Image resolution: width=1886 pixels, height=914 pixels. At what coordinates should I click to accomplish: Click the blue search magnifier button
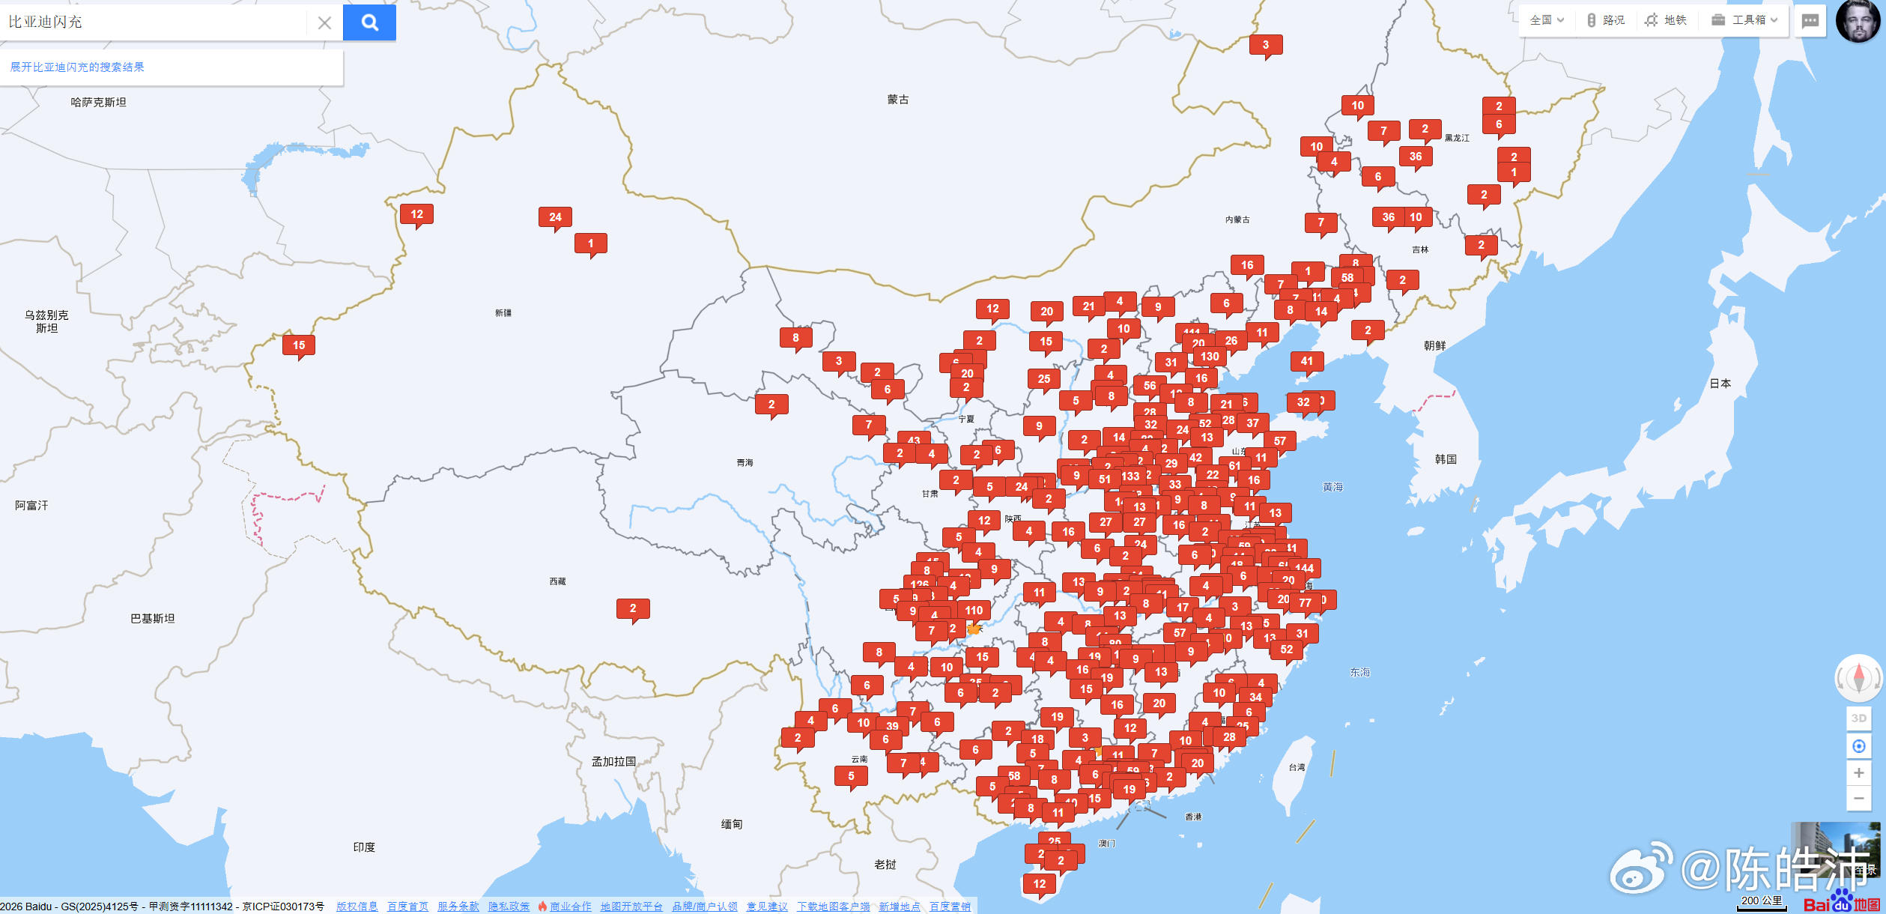[x=369, y=22]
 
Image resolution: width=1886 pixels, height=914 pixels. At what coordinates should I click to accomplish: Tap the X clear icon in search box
[x=324, y=23]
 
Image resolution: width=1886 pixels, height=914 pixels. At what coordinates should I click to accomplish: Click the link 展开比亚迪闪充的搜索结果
[x=77, y=67]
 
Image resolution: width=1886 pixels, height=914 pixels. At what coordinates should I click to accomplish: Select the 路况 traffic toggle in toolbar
[x=1606, y=20]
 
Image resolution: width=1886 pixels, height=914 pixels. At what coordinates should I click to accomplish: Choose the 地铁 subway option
[x=1667, y=20]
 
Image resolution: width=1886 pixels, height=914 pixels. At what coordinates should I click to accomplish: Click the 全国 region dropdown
[x=1546, y=20]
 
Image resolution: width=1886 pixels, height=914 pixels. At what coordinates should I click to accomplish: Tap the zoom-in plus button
[x=1858, y=772]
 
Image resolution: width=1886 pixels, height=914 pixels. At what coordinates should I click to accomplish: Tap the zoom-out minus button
[x=1858, y=799]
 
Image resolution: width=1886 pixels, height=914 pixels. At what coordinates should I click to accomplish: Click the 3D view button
[x=1858, y=718]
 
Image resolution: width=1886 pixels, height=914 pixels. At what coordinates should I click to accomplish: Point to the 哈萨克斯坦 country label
[x=98, y=103]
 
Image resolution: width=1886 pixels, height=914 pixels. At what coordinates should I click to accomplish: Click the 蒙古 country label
[x=897, y=100]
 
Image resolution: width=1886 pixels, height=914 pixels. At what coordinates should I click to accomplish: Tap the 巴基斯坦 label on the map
[x=152, y=619]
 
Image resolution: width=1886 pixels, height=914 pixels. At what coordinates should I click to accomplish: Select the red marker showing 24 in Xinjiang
[x=555, y=217]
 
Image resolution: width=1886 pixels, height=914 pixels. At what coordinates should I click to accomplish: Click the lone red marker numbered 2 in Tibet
[x=633, y=608]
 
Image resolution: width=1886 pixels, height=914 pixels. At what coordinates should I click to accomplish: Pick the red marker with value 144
[x=1304, y=568]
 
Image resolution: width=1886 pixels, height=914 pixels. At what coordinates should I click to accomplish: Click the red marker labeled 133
[x=1130, y=476]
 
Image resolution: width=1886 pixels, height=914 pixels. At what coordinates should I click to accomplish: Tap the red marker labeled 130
[x=1210, y=357]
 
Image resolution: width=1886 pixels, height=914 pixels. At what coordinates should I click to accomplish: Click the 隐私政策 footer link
[x=509, y=907]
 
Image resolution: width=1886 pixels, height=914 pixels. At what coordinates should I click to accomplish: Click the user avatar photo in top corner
[x=1858, y=21]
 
